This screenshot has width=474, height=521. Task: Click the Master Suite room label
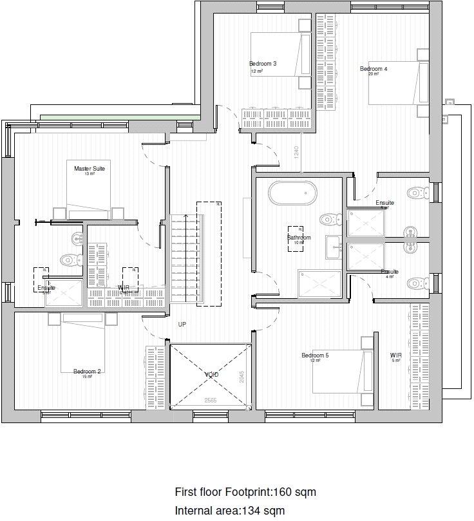point(89,168)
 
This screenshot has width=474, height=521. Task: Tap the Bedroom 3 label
point(263,64)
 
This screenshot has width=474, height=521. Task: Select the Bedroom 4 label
point(374,69)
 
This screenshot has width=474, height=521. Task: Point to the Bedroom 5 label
point(315,355)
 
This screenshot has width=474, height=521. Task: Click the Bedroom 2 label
point(87,371)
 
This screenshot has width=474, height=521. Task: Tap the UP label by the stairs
point(182,325)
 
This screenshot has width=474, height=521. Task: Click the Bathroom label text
point(299,238)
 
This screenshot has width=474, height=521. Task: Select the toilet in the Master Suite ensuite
point(68,260)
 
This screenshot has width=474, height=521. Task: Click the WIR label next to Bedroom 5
point(395,355)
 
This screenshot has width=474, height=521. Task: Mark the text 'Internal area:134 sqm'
point(229,511)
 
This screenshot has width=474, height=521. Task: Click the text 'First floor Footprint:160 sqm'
point(245,493)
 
